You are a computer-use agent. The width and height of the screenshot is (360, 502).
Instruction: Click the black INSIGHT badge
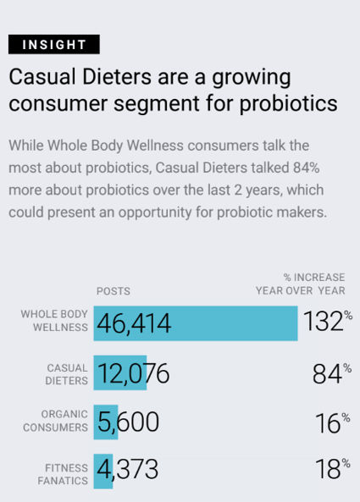[54, 44]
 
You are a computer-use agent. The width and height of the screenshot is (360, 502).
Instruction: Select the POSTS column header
[113, 291]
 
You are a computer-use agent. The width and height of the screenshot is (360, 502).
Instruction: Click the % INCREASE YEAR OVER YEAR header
[300, 284]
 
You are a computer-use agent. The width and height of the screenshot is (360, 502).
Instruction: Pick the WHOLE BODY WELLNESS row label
[54, 321]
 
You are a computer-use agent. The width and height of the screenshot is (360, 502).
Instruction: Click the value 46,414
[134, 323]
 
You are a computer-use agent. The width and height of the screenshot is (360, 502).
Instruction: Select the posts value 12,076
[133, 374]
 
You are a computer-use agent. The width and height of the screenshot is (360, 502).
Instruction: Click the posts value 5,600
[128, 422]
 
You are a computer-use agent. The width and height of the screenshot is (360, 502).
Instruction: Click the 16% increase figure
[331, 422]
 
